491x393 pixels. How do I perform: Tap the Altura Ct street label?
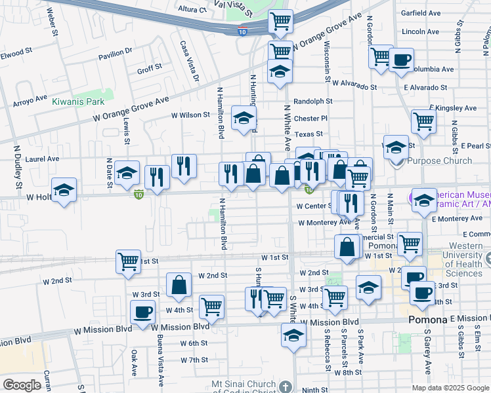click(192, 10)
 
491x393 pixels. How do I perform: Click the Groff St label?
click(149, 68)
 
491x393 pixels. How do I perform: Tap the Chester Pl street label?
click(310, 119)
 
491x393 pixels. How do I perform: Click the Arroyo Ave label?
click(31, 101)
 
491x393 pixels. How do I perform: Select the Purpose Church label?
click(439, 160)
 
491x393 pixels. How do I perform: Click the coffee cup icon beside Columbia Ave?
click(400, 61)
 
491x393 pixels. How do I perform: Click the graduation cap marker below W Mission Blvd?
click(293, 336)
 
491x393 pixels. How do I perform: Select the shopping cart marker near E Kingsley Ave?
click(423, 121)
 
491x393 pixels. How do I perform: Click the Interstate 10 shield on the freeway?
click(243, 31)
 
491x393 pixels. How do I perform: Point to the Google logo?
click(22, 385)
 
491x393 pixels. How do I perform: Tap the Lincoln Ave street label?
click(420, 31)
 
